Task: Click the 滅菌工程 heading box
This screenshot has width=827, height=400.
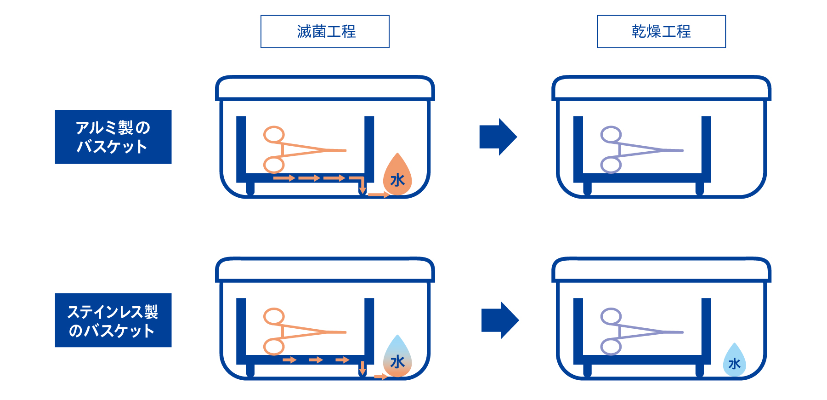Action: coord(325,32)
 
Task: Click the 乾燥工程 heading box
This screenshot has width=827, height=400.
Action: coord(661,32)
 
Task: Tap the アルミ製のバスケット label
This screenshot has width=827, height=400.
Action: coord(113,137)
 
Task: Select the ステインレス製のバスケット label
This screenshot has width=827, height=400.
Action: coord(113,320)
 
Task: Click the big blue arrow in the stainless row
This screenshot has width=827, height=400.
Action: coord(500,320)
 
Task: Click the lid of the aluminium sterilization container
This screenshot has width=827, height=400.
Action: coord(325,88)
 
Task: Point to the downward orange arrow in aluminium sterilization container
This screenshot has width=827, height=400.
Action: coord(363,187)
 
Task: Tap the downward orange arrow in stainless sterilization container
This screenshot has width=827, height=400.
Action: coord(363,368)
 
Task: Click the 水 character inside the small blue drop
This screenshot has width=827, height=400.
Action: coord(734,364)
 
